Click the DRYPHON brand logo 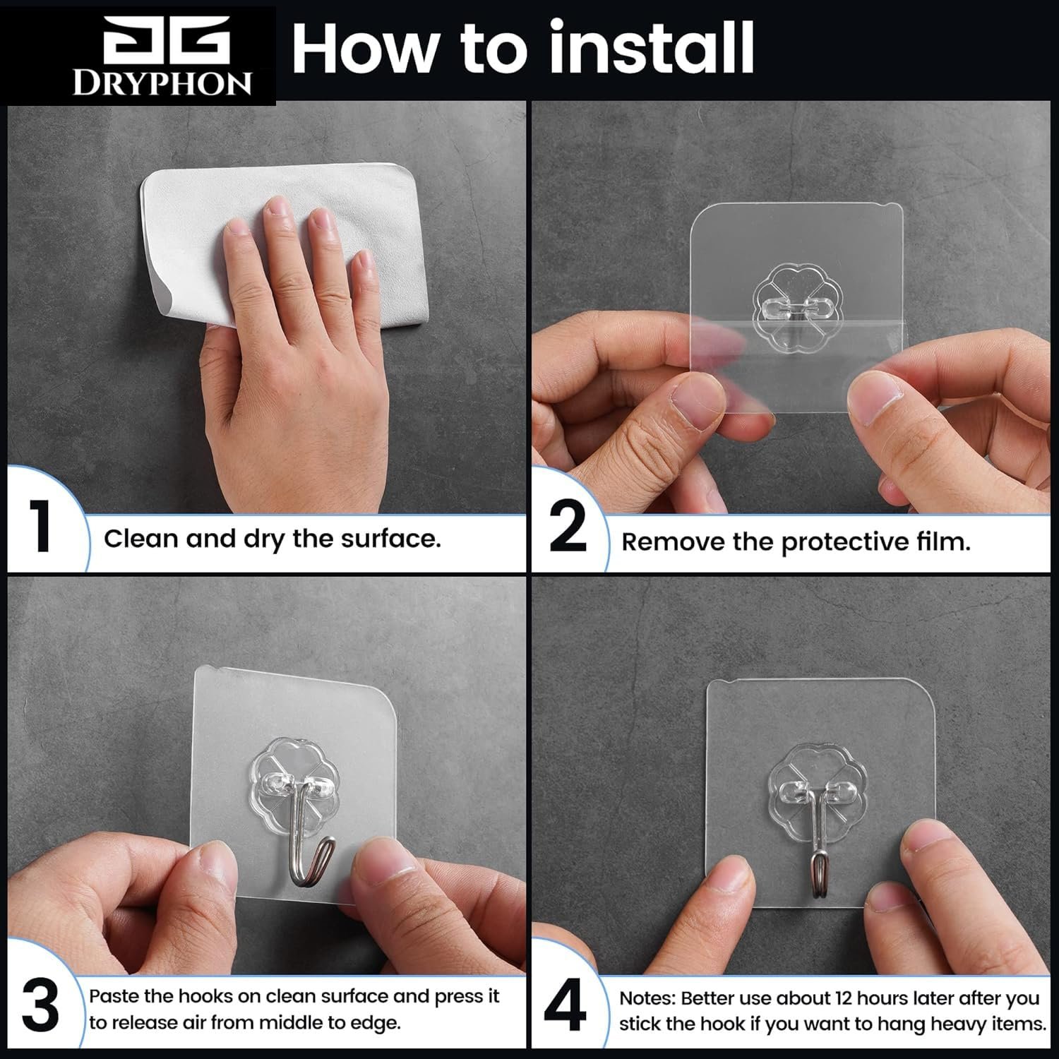point(162,55)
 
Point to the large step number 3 point(40,1008)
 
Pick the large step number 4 point(566,1008)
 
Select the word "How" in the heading point(367,47)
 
